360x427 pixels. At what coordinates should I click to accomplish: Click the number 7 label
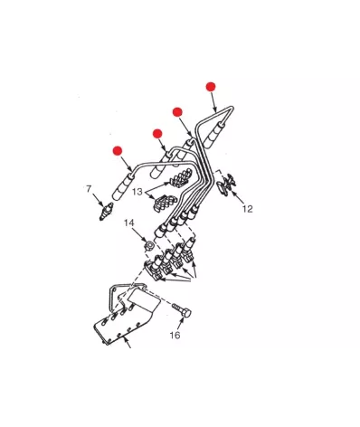pos(89,189)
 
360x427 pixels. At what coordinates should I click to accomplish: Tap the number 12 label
pos(248,209)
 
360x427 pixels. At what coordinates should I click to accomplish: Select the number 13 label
pos(137,192)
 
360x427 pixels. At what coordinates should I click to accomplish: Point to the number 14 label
pos(129,223)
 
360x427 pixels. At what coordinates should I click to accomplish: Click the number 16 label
pos(175,335)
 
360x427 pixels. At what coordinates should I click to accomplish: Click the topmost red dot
pos(211,87)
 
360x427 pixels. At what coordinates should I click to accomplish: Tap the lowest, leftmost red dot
pos(118,150)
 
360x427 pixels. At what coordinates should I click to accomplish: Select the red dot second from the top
pos(177,112)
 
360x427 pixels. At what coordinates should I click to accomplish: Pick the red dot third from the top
pos(157,134)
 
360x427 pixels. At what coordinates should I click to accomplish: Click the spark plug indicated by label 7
pos(107,211)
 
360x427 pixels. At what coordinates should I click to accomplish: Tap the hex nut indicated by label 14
pos(148,245)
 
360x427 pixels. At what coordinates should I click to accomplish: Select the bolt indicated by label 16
pos(182,310)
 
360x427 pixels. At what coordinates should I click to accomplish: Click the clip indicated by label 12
pos(227,185)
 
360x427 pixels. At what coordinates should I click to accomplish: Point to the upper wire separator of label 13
pos(182,177)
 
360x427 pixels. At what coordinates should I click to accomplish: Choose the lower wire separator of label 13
pos(166,202)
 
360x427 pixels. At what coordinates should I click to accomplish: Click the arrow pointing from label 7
pos(99,200)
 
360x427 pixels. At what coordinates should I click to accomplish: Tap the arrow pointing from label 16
pos(180,323)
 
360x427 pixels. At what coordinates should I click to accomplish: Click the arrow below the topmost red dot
pos(213,102)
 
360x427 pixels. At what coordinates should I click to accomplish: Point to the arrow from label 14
pos(140,234)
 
